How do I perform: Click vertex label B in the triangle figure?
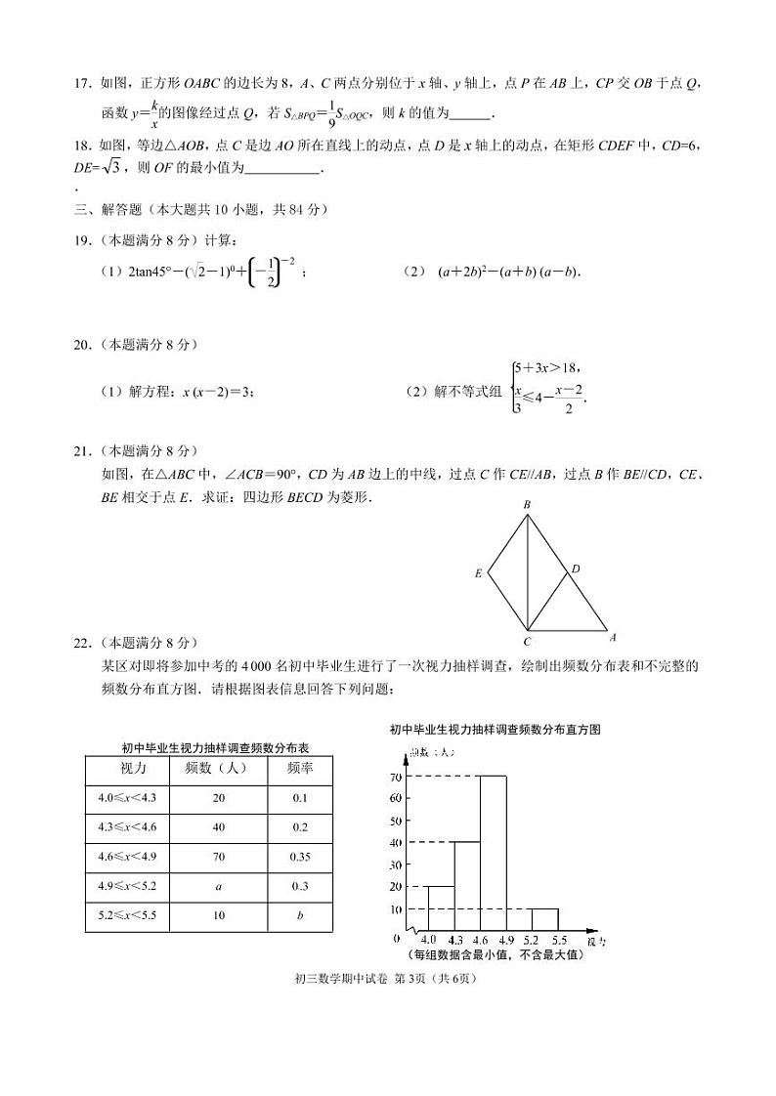click(527, 504)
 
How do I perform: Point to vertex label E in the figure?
click(479, 573)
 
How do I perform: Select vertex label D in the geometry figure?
click(576, 568)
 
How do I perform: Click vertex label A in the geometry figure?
click(613, 638)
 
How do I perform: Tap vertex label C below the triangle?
click(527, 642)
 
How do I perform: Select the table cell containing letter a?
click(218, 886)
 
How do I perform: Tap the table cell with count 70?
click(218, 857)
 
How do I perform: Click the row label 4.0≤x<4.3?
click(127, 798)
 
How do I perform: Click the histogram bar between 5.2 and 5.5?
click(544, 919)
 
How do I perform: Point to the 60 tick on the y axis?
click(396, 798)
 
